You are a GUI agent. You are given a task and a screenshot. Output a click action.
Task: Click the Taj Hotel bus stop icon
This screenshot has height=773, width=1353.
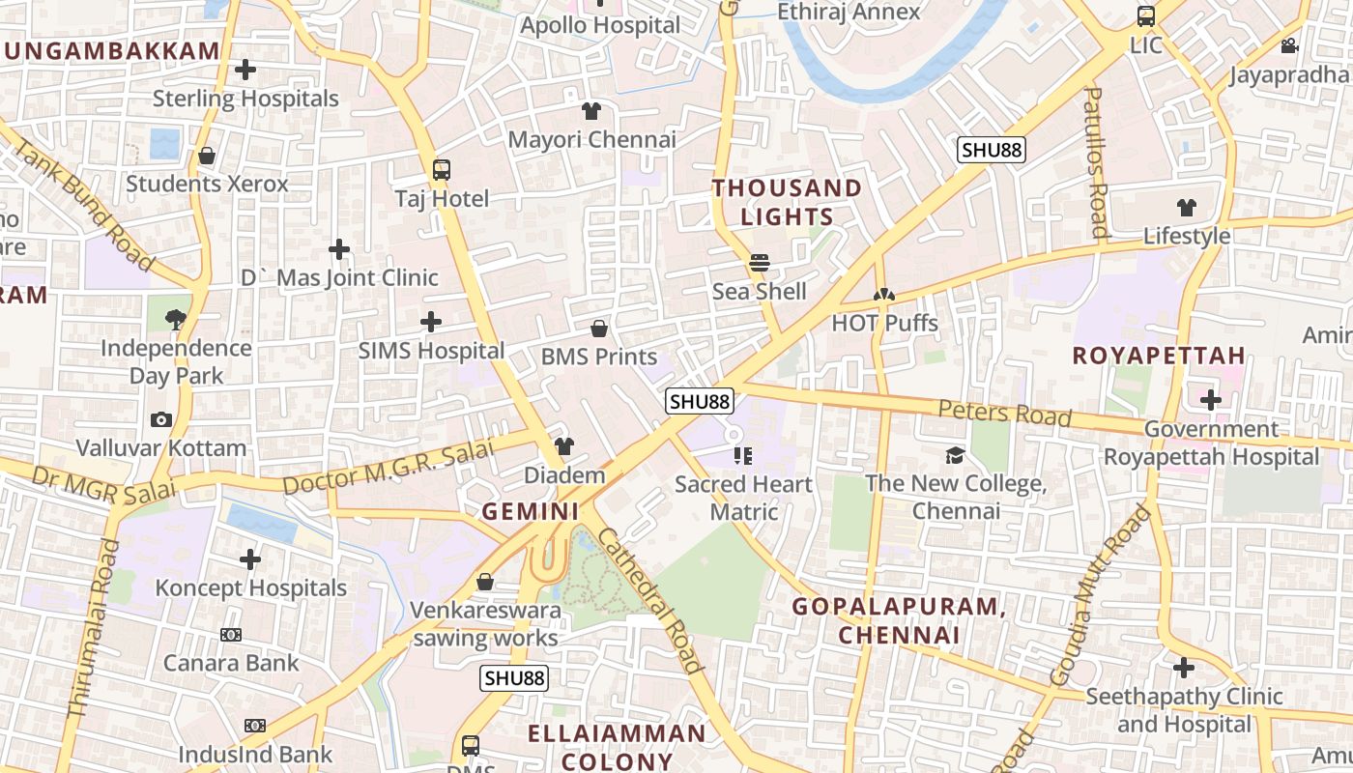442,170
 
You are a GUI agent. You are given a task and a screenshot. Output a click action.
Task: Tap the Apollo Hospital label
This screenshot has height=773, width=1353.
600,25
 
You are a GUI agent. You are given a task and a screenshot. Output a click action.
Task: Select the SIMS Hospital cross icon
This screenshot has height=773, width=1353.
431,322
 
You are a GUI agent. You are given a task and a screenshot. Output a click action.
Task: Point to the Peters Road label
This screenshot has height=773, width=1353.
1005,413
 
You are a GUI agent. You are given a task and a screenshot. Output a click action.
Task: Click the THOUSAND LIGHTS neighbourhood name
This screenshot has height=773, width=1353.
787,202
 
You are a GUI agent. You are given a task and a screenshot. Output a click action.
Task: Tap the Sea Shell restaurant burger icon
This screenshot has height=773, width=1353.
760,263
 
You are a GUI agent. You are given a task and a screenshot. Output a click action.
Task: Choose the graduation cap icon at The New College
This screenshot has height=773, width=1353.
955,455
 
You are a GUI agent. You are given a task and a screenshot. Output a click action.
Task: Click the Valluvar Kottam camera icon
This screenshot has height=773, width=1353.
161,419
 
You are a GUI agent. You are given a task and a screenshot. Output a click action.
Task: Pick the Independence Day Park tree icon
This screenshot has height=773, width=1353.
175,318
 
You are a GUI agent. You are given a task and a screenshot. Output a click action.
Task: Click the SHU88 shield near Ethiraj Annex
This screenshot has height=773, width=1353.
992,150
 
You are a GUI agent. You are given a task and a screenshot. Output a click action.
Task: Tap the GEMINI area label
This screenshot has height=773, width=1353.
531,511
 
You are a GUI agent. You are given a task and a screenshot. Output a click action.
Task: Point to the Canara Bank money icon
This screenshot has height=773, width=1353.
230,635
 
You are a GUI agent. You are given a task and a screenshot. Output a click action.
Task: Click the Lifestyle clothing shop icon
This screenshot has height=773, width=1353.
1186,208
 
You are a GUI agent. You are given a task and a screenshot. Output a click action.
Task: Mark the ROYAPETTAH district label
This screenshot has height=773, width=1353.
1159,355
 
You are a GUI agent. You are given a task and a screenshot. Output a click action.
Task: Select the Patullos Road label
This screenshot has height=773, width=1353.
1096,161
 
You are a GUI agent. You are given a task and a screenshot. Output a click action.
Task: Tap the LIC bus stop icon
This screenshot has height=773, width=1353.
1146,16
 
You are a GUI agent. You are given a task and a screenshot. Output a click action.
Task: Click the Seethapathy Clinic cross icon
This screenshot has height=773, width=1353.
1184,668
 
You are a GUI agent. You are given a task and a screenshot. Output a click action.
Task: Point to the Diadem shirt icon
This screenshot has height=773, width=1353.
564,446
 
